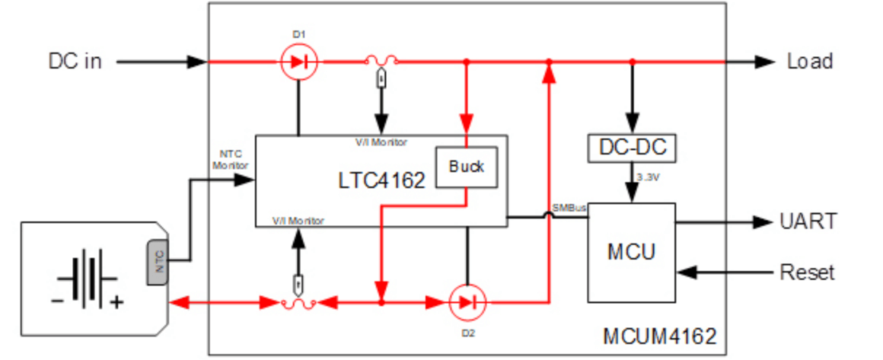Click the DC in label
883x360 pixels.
[75, 61]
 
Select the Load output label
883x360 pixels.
[809, 61]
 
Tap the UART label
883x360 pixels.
[807, 221]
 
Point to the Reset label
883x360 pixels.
[807, 273]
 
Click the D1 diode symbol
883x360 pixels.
[299, 62]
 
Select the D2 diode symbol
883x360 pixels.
[467, 301]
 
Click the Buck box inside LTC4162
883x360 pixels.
[466, 167]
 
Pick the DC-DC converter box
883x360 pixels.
[632, 149]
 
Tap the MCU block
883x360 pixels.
[632, 252]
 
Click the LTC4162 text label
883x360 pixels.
[380, 181]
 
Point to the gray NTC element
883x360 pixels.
[158, 258]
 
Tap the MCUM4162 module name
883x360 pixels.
[659, 337]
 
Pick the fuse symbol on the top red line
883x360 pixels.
[380, 63]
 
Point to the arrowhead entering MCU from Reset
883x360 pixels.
[685, 273]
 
